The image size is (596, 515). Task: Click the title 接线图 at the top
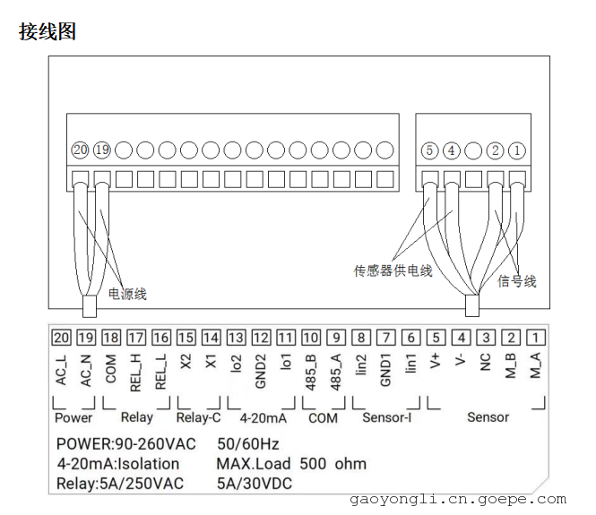point(48,32)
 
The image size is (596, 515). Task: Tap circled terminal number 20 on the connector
point(81,150)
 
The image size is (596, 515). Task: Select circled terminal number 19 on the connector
point(102,150)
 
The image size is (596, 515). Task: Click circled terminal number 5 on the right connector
point(429,150)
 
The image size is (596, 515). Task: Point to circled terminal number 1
point(518,150)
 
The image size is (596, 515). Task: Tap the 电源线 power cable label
point(127,293)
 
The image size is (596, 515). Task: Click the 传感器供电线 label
point(393,270)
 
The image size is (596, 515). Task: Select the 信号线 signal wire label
point(517,281)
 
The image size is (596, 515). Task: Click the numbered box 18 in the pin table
point(111,338)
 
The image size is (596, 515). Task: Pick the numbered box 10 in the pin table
point(310,338)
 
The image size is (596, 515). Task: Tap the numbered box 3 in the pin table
point(486,338)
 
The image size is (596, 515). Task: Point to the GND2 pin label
point(261,369)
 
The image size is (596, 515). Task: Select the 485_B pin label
point(311,371)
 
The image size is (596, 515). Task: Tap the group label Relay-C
point(199,416)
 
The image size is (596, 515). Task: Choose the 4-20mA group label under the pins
point(263,416)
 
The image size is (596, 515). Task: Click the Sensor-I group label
point(387,416)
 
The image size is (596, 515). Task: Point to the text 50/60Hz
point(248,443)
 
